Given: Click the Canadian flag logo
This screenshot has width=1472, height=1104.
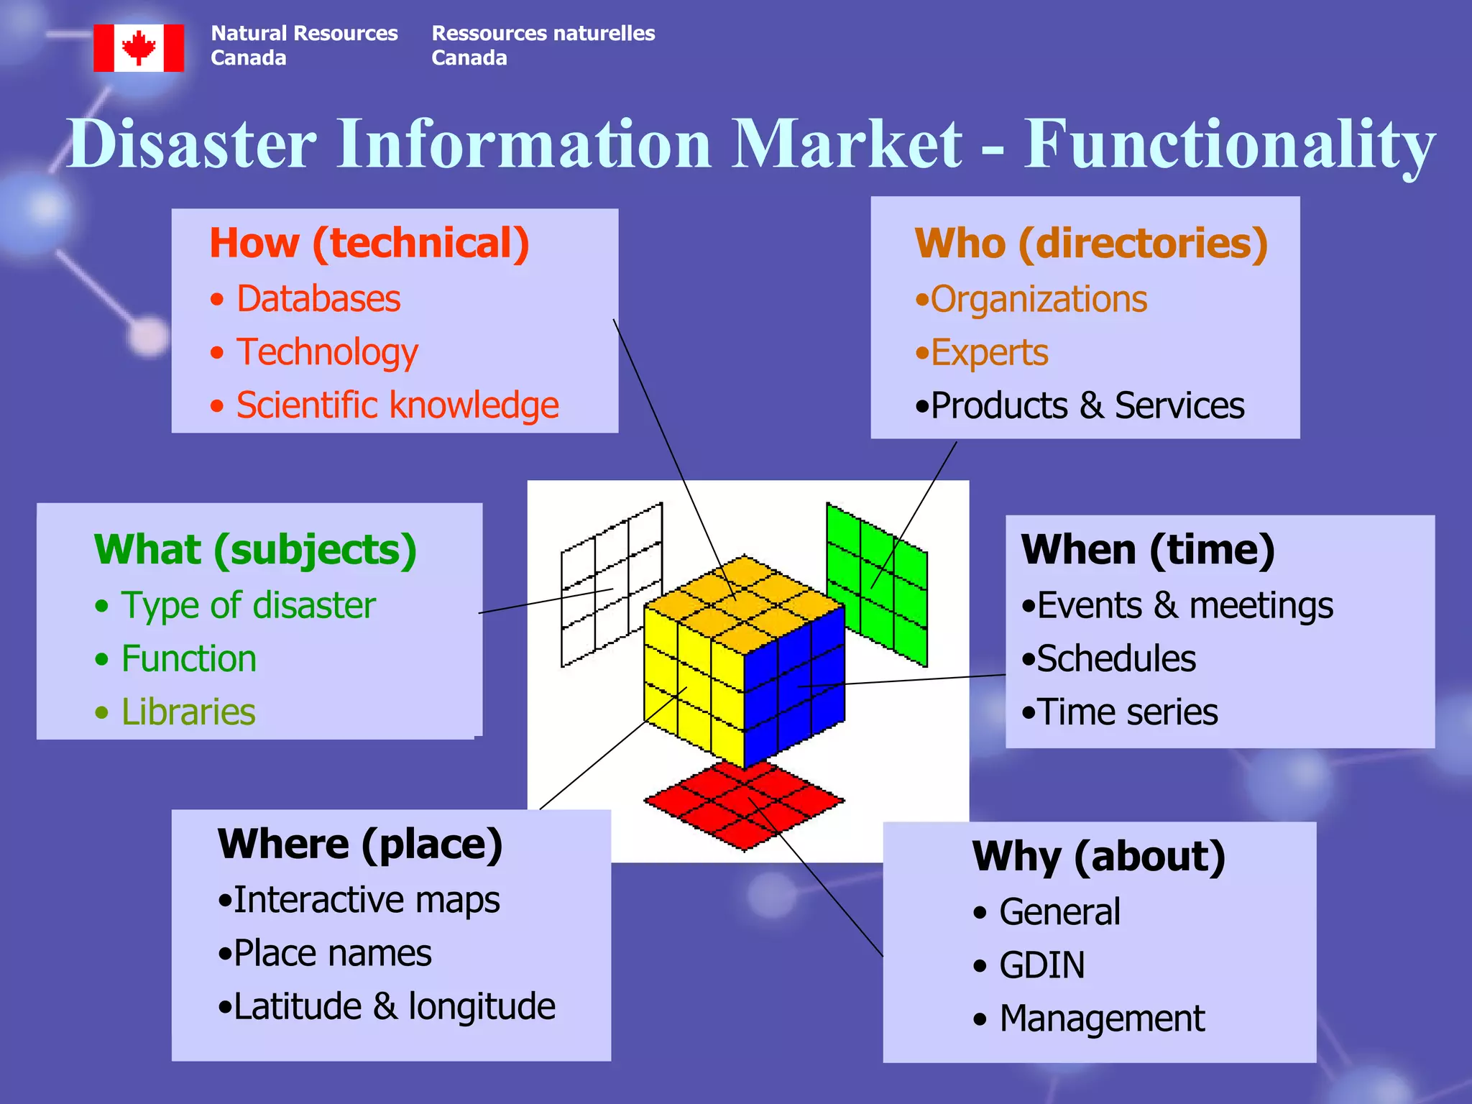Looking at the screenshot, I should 139,48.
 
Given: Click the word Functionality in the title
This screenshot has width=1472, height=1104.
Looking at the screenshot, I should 1229,144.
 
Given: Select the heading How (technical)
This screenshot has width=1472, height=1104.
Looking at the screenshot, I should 369,243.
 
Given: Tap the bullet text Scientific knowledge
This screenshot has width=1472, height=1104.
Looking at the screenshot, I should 397,405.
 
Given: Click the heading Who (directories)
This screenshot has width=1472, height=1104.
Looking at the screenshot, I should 1091,243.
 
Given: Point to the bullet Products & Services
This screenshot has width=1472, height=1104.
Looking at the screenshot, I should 1087,406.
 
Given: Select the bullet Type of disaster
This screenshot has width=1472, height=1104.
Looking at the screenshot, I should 248,605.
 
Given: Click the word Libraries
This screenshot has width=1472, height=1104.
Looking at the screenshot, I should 188,712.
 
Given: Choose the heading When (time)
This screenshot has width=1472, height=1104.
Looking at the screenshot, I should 1148,550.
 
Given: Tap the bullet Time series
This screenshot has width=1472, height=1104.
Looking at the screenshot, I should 1127,712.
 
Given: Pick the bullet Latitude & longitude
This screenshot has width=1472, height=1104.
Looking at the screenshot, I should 394,1006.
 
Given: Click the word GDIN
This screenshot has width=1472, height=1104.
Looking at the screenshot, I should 1042,965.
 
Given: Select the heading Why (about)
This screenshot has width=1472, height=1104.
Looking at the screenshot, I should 1098,857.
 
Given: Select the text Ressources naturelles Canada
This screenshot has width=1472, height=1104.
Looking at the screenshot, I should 543,45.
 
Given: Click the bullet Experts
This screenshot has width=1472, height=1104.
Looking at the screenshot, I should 989,353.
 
